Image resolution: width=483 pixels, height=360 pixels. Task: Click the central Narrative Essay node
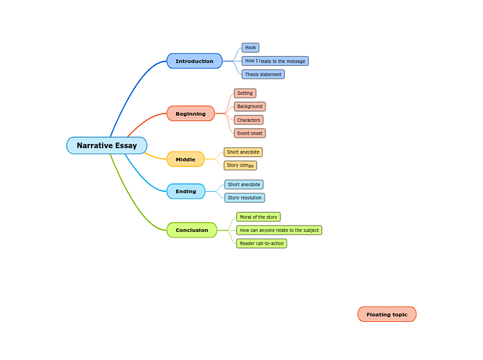(x=107, y=145)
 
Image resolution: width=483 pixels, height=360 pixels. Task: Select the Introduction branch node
(x=194, y=61)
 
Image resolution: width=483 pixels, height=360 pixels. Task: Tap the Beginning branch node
(x=191, y=114)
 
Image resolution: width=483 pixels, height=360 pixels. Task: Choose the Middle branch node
(x=185, y=159)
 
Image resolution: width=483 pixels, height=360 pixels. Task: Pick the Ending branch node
(x=186, y=191)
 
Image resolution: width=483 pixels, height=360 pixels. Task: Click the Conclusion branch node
(x=191, y=230)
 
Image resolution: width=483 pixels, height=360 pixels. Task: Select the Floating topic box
(x=387, y=314)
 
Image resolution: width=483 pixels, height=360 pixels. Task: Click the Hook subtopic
(x=250, y=48)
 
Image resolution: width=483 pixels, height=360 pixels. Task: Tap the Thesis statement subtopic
(x=263, y=74)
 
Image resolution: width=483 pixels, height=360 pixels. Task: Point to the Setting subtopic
(x=245, y=93)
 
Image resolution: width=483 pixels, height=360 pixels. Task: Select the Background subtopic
(x=249, y=107)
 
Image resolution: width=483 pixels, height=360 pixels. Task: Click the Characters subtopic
(x=248, y=120)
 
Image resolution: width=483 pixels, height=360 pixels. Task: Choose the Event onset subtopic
(x=249, y=133)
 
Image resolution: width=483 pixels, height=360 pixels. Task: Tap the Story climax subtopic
(x=240, y=165)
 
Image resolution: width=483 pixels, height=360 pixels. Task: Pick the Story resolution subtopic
(x=245, y=198)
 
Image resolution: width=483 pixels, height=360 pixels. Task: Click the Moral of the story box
(x=258, y=217)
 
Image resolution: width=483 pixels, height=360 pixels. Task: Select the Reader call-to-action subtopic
(x=261, y=244)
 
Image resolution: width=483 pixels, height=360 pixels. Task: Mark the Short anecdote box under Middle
(x=243, y=152)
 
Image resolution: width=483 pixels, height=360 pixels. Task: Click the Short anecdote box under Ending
(x=243, y=185)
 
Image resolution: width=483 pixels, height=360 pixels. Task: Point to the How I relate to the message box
(x=274, y=61)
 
